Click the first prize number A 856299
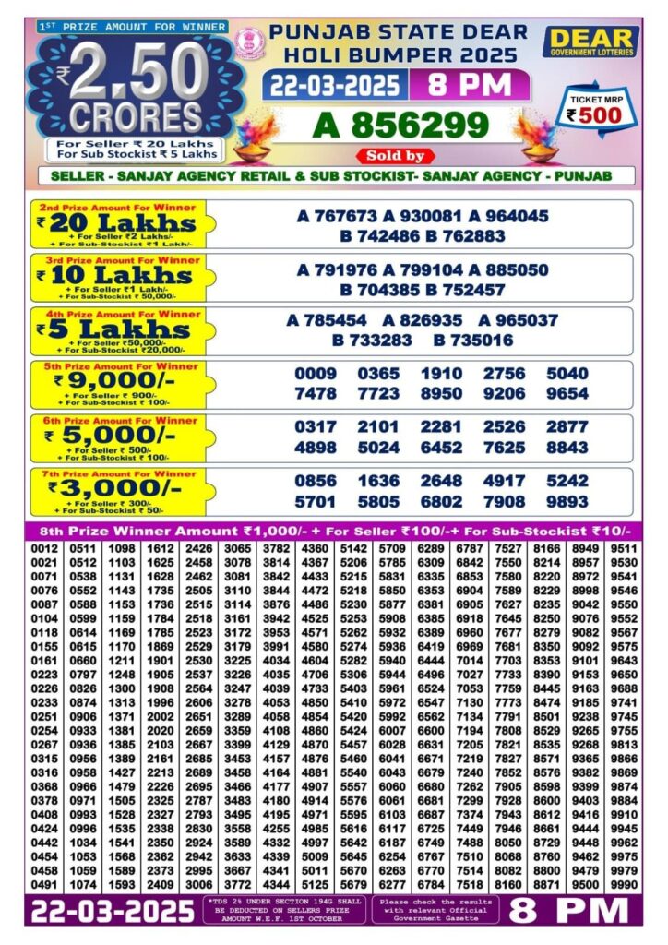(400, 124)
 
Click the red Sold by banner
(395, 156)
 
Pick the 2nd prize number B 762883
(466, 236)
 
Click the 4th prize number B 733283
(373, 341)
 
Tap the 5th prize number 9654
(567, 394)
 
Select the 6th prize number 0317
(316, 428)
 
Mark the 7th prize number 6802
(442, 501)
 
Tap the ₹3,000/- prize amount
(115, 487)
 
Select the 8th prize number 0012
(45, 548)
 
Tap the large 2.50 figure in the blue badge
(138, 72)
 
